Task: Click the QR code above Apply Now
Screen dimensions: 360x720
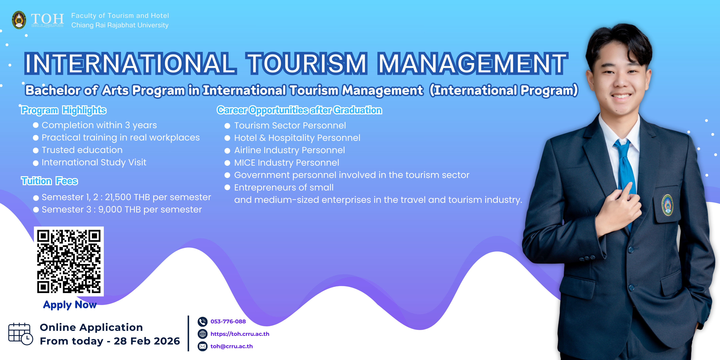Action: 69,261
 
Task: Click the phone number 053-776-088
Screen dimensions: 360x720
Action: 228,321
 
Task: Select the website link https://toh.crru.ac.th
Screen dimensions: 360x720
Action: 240,334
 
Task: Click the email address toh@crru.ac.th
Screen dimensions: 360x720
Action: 231,346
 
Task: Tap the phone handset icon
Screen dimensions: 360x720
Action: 202,322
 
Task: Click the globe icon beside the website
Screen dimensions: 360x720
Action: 202,334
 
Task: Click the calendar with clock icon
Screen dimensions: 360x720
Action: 20,334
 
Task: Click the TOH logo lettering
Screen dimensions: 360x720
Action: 47,19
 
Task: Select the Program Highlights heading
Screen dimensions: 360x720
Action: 64,110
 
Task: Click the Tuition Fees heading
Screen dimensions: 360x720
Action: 49,181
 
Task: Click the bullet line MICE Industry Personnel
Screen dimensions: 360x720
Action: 286,163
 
